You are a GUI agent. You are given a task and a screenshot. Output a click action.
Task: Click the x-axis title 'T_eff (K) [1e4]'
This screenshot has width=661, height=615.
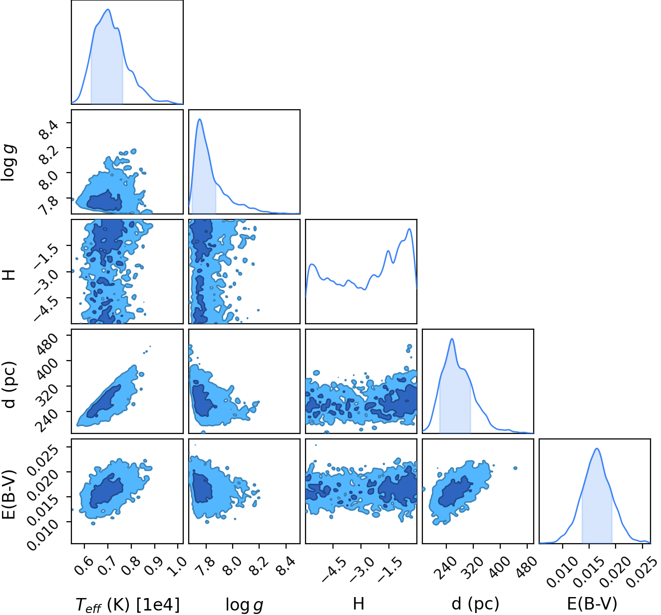128,605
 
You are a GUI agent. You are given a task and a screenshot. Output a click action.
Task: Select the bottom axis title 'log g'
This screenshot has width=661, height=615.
244,605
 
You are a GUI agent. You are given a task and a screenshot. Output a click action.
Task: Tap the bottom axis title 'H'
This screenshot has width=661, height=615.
358,604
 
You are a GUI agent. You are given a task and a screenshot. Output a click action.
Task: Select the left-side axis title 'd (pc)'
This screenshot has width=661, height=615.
9,385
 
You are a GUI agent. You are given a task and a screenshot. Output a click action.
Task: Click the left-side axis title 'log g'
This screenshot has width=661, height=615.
9,163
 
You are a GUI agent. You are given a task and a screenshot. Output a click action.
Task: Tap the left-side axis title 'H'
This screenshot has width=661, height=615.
9,275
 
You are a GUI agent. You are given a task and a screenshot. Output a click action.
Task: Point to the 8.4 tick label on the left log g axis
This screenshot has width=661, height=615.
48,129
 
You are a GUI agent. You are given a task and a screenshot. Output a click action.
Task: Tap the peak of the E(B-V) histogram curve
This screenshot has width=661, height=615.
597,449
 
